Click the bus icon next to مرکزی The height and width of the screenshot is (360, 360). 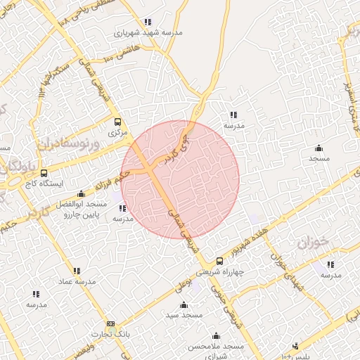[117, 121]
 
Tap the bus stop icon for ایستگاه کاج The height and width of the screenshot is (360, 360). [44, 173]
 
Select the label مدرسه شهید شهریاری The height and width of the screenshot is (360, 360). [147, 32]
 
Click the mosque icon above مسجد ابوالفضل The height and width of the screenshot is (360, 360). [81, 193]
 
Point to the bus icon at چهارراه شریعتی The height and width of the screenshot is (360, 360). [220, 261]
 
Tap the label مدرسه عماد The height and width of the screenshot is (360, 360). [76, 281]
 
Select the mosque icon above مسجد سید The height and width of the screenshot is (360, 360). [184, 304]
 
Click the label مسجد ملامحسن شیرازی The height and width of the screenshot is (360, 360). [216, 352]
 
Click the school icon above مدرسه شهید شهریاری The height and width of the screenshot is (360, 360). [147, 22]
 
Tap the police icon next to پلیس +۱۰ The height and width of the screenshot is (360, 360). [296, 346]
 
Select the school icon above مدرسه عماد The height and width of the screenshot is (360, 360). [76, 271]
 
